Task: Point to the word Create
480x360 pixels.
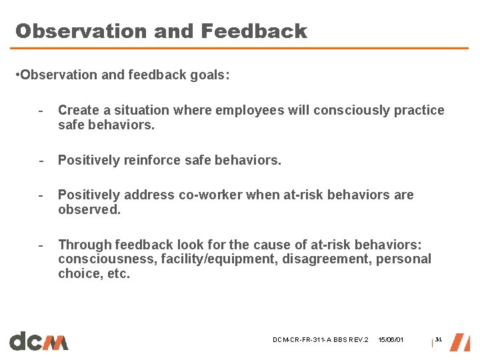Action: tap(78, 110)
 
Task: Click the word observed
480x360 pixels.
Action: tap(89, 209)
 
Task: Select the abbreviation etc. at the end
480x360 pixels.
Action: tap(116, 273)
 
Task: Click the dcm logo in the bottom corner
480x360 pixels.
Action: tap(39, 341)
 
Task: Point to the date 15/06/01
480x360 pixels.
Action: tap(391, 340)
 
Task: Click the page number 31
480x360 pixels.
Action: tap(439, 339)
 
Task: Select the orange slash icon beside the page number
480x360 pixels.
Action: tap(459, 341)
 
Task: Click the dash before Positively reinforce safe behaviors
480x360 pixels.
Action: tap(41, 160)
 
